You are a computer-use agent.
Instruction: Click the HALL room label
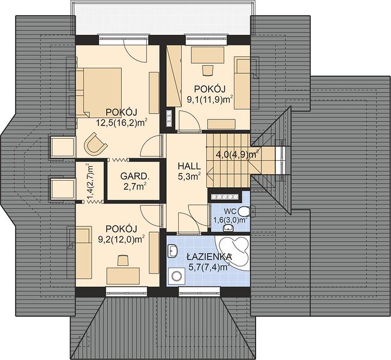click(189, 166)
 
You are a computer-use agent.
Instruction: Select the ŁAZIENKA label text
click(209, 257)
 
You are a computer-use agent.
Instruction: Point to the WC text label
click(230, 212)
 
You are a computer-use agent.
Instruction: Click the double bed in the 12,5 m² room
click(99, 93)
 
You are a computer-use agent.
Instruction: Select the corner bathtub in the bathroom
click(233, 253)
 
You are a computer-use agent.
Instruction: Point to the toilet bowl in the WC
click(245, 211)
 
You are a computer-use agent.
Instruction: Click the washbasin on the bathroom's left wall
click(173, 251)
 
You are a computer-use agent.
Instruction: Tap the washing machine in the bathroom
click(176, 276)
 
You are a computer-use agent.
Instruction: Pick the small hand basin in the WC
click(228, 228)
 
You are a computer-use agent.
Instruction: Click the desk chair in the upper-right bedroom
click(207, 70)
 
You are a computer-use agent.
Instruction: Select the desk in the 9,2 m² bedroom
click(123, 275)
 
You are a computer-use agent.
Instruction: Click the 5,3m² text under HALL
click(190, 176)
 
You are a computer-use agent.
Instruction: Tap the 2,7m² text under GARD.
click(135, 186)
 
